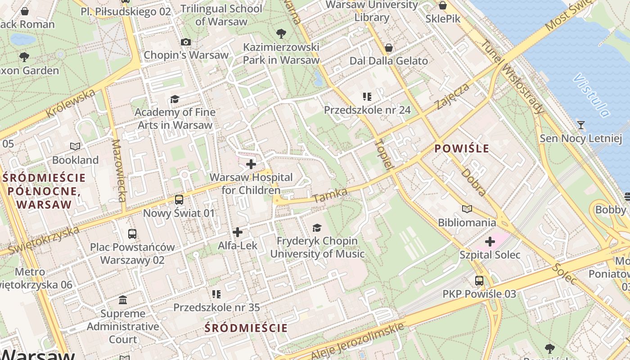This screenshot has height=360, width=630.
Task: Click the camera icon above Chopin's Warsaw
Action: pyautogui.click(x=185, y=42)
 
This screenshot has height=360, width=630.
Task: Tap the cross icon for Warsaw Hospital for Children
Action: pyautogui.click(x=251, y=164)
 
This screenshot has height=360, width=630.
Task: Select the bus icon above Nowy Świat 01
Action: pyautogui.click(x=179, y=199)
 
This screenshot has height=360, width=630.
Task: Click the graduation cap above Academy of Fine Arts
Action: pyautogui.click(x=175, y=99)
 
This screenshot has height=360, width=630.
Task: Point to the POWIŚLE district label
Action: pyautogui.click(x=462, y=149)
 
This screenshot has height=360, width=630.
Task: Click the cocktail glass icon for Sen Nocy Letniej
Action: pyautogui.click(x=581, y=125)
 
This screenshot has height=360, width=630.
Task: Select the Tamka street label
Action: pyautogui.click(x=330, y=195)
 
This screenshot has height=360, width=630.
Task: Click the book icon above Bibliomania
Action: pyautogui.click(x=467, y=209)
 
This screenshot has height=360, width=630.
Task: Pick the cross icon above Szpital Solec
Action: pyautogui.click(x=490, y=242)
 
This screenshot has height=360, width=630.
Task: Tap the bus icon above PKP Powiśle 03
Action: pyautogui.click(x=479, y=281)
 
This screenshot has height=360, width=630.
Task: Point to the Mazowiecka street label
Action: pyautogui.click(x=118, y=176)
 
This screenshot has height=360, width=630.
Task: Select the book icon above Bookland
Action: pyautogui.click(x=75, y=146)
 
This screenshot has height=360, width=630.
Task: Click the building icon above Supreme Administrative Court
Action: pyautogui.click(x=123, y=300)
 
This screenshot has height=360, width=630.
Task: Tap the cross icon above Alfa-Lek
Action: pyautogui.click(x=237, y=232)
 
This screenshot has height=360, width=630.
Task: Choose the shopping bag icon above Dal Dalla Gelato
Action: pyautogui.click(x=389, y=48)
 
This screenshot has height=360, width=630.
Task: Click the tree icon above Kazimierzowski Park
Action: pyautogui.click(x=281, y=33)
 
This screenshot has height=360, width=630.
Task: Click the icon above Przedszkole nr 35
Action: pyautogui.click(x=216, y=294)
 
